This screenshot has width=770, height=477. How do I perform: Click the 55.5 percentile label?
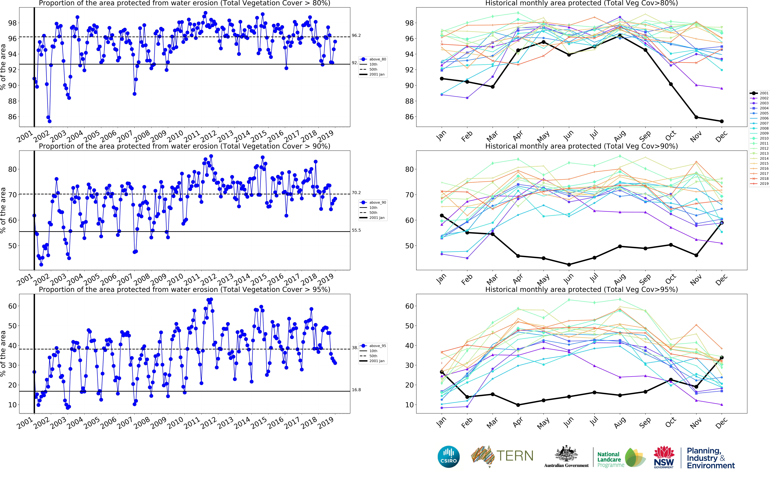356,230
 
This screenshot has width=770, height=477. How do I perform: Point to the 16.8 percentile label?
356,390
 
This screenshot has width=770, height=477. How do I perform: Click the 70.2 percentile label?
356,193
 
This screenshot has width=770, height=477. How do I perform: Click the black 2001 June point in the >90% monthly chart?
569,265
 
